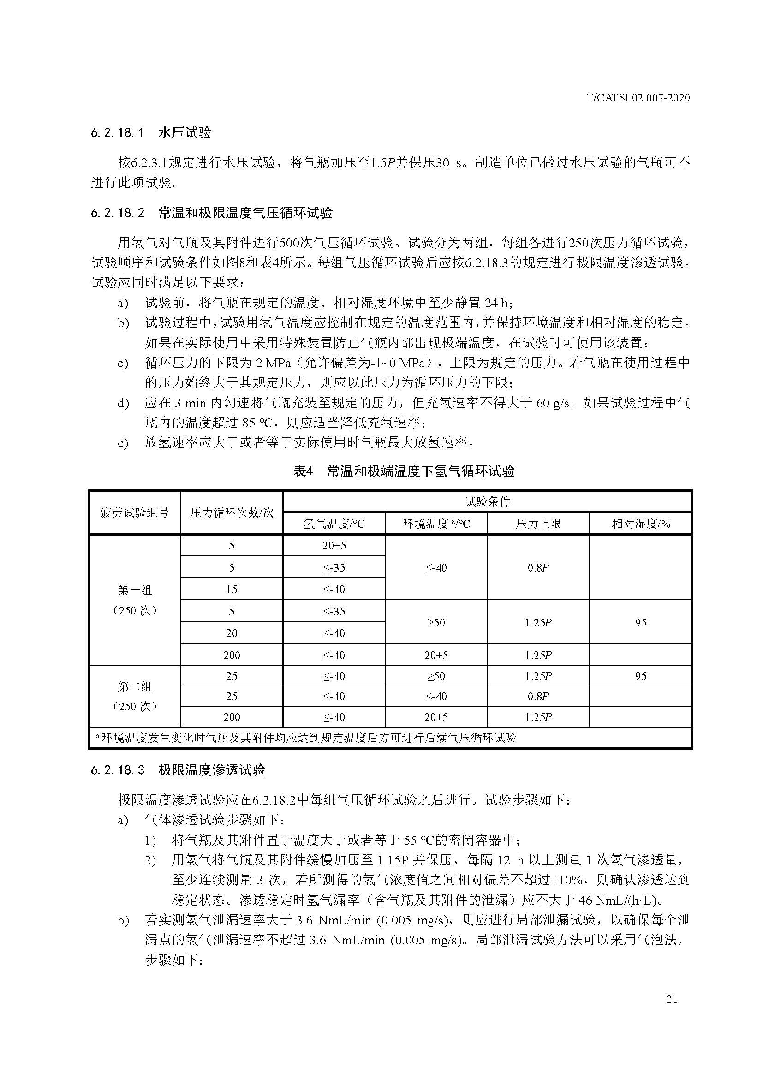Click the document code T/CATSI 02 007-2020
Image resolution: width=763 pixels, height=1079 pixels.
[x=638, y=98]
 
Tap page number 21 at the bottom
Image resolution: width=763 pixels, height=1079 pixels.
[x=671, y=999]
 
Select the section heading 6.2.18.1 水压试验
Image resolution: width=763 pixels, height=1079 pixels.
[x=151, y=133]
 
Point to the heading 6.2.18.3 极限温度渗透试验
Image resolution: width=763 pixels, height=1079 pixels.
[x=178, y=770]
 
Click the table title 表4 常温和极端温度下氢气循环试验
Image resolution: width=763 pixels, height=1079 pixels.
[x=404, y=471]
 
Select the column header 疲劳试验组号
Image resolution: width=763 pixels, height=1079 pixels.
[x=135, y=513]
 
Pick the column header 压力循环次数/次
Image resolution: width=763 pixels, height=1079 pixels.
[x=232, y=513]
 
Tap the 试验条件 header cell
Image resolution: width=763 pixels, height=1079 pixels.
[x=487, y=501]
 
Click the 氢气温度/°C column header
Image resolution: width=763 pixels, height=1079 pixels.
[x=334, y=524]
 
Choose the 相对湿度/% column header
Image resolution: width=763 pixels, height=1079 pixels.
[x=641, y=524]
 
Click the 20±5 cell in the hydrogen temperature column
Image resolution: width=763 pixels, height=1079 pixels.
[x=334, y=546]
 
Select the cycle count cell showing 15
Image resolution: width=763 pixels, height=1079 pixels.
[x=232, y=589]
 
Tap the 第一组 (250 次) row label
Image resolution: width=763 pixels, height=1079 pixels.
[x=135, y=600]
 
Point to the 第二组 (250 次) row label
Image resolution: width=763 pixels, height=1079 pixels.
[x=135, y=696]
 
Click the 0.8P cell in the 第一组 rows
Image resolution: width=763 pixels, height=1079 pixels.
[x=538, y=568]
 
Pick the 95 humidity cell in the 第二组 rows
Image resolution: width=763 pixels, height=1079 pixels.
[x=641, y=676]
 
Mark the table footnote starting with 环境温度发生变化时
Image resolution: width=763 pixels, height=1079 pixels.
[x=305, y=738]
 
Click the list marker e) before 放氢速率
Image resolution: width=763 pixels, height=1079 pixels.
[x=123, y=443]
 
